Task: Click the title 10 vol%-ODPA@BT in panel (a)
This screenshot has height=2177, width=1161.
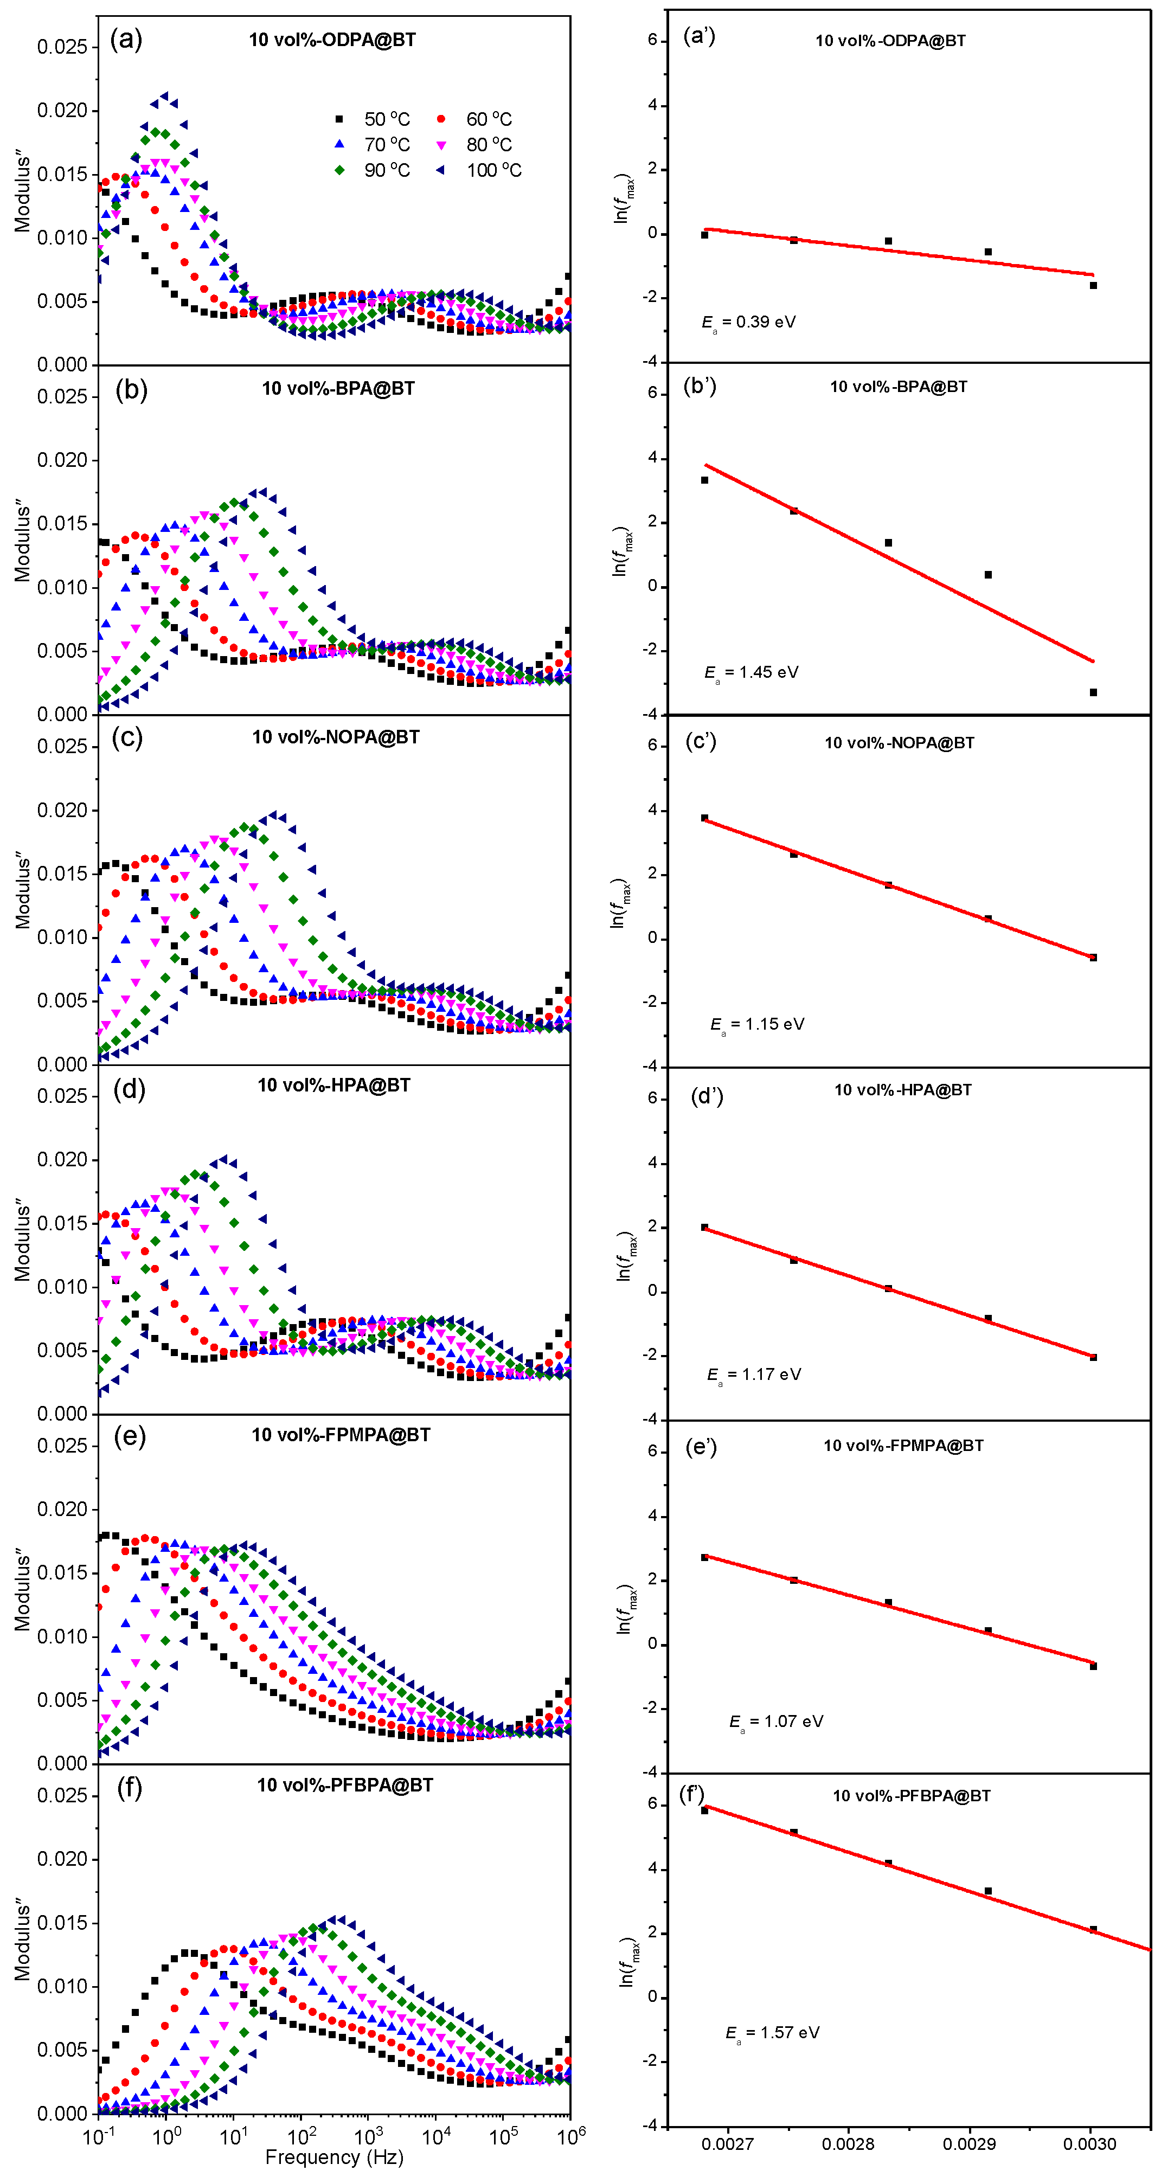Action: tap(332, 40)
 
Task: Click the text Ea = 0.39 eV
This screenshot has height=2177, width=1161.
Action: tap(749, 322)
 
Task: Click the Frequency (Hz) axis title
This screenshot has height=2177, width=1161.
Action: tap(333, 2157)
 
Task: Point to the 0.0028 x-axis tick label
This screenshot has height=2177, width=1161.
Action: tap(848, 2144)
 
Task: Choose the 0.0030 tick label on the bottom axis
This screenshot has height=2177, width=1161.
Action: tap(1089, 2144)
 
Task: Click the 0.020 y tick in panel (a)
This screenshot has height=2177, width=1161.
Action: tap(62, 111)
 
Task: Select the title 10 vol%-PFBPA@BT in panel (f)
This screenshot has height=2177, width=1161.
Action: tap(345, 1785)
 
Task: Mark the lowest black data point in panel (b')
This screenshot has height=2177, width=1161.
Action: tap(1093, 692)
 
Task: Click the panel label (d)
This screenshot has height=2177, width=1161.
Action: tap(129, 1089)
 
